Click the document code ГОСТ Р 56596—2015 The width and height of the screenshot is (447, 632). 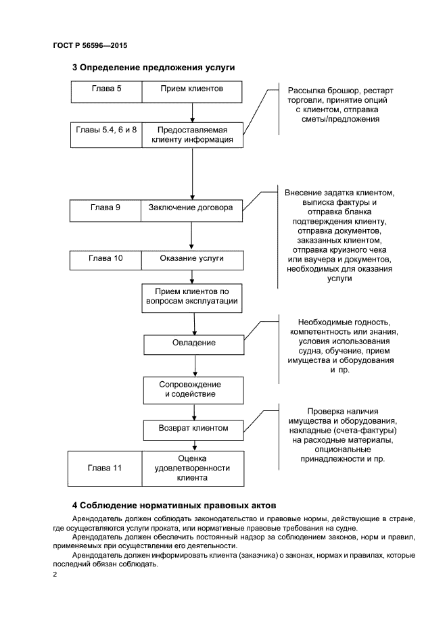(90, 45)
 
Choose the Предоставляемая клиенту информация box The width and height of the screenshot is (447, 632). (192, 135)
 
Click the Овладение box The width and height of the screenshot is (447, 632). (194, 343)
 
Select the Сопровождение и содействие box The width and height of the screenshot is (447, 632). (194, 389)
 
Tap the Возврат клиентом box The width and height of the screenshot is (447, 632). (194, 429)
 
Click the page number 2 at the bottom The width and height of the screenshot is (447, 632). (55, 575)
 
